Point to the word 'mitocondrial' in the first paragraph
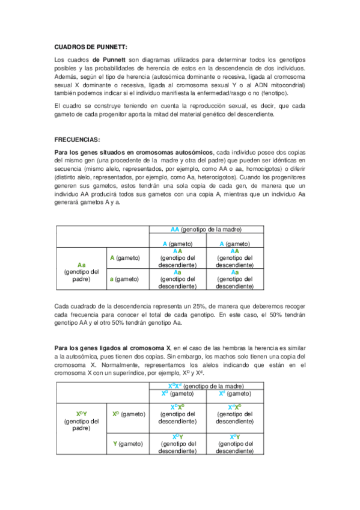point(288,85)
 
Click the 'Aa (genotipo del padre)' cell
point(81,271)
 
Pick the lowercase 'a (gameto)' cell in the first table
point(124,278)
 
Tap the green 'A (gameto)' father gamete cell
point(124,258)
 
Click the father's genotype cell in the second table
point(81,421)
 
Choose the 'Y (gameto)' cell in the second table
point(127,443)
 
